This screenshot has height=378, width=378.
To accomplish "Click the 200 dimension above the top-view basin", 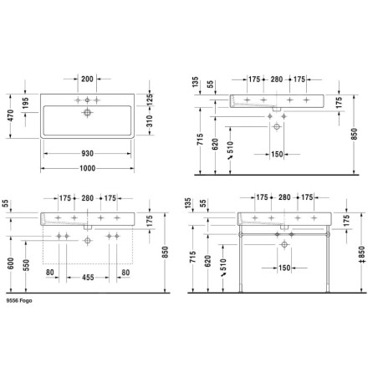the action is tap(87, 79).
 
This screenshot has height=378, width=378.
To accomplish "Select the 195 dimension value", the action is tap(25, 103).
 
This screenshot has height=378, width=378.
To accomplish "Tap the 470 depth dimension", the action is tap(10, 115).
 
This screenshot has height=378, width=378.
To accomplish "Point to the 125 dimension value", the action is tap(150, 100).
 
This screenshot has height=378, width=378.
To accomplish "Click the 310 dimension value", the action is tap(150, 121).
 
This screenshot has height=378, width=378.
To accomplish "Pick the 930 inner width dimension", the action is tap(87, 154).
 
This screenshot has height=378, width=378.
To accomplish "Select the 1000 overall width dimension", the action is tap(88, 168).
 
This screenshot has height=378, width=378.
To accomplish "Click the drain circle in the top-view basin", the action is tap(87, 113).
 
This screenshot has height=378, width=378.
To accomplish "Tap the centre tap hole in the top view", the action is tap(87, 100).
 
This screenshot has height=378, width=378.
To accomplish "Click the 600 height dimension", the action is tap(10, 263).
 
